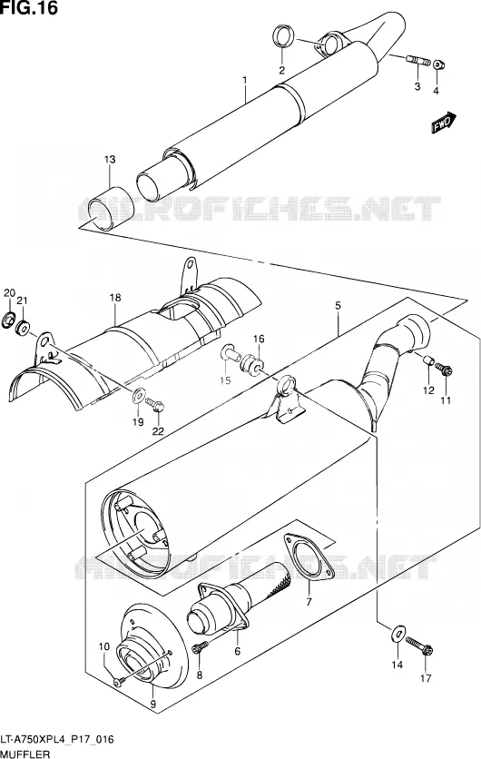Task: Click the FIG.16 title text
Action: pos(29,8)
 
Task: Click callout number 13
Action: pos(110,159)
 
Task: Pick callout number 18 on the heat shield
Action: pos(114,298)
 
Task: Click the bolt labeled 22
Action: pos(155,404)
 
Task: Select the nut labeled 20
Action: pos(9,320)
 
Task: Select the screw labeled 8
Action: pos(200,646)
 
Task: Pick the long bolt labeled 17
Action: pos(419,646)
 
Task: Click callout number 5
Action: pos(338,305)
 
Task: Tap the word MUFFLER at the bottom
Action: pos(25,754)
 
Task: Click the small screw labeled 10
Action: pos(119,682)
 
